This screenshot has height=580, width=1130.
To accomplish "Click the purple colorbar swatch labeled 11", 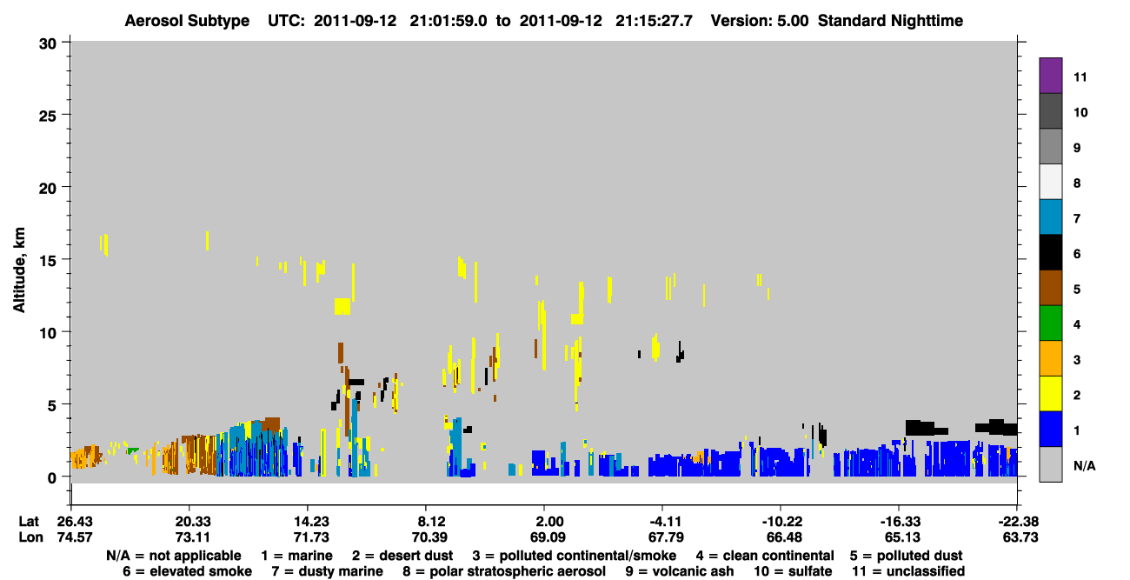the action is (1050, 75).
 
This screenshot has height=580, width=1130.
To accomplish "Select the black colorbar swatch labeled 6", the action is (1050, 252).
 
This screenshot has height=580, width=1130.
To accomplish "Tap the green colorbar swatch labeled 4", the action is (1050, 323).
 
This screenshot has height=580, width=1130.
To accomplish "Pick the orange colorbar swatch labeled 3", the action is (1050, 358).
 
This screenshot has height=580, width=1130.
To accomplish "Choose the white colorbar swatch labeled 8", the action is (1050, 182).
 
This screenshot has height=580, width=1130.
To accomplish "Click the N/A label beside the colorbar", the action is (1084, 465).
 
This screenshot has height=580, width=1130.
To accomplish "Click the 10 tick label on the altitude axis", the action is (48, 333).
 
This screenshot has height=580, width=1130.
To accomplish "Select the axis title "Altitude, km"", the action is (19, 270).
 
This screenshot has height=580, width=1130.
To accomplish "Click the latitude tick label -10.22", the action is (782, 521).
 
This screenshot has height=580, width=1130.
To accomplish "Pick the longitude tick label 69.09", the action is (548, 537).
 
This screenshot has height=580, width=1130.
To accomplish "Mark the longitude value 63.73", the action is (1020, 537).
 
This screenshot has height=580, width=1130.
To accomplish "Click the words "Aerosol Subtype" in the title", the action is (187, 21).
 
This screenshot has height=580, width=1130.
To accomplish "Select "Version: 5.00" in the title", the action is (760, 21).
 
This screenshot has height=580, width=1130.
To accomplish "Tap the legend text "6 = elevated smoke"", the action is (187, 571).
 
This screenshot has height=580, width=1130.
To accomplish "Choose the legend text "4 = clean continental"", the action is (765, 556).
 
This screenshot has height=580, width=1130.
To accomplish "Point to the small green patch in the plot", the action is (133, 450).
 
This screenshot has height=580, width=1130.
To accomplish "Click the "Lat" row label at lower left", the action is (29, 521).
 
